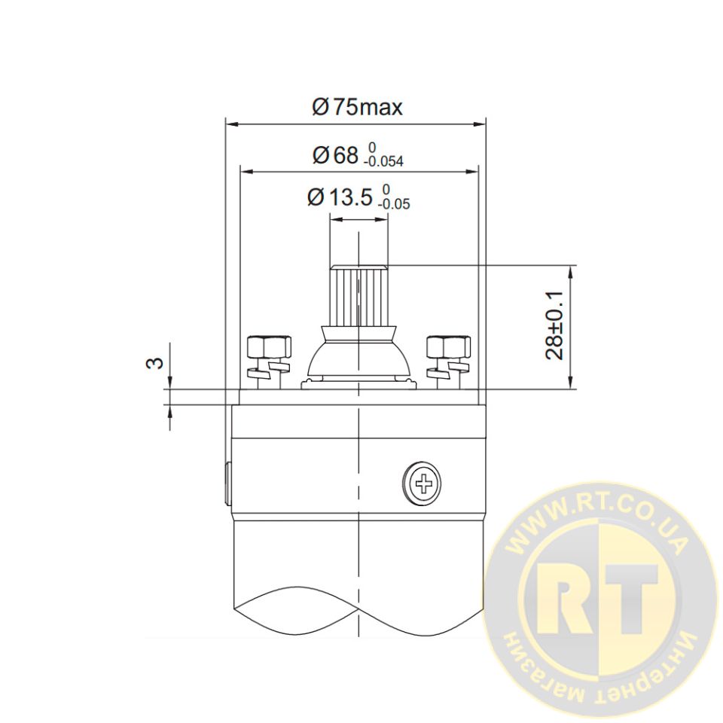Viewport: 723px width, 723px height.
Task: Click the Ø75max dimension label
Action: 357,108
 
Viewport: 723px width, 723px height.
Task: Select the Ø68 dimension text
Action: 335,155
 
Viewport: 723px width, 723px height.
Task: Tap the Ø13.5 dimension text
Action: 340,197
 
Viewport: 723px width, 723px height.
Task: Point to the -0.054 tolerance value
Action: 383,161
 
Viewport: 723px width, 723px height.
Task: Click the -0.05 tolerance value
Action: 394,204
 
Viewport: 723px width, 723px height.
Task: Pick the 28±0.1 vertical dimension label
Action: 554,325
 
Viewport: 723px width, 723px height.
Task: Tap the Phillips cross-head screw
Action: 422,484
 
